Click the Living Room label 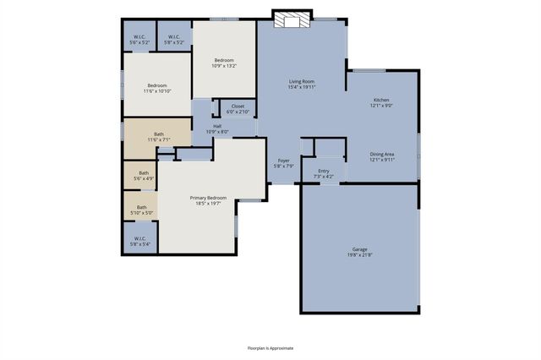coord(302,81)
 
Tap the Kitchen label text coord(382,100)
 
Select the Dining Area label coord(382,155)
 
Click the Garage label coord(360,249)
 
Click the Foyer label coord(284,160)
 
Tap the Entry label coord(324,171)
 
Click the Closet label coord(238,106)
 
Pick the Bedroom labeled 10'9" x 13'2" coord(224,60)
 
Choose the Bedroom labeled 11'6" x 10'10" coord(158,85)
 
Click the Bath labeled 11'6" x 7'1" coord(159,134)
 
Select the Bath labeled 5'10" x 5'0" coord(142,207)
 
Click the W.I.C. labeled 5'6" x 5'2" coord(139,36)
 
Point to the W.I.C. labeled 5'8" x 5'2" coord(174,36)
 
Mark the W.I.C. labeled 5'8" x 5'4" coord(140,238)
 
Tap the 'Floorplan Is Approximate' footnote coord(270,347)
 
